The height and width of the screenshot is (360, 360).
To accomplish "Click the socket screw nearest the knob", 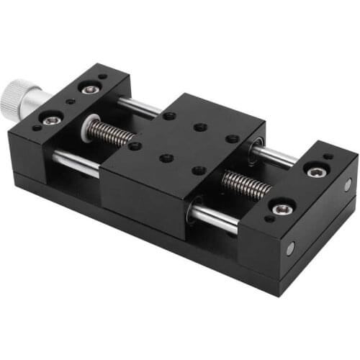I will pos(52,120).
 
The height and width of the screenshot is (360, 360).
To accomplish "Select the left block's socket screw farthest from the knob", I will pos(90,89).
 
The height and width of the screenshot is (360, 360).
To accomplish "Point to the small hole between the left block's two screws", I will pos(70,102).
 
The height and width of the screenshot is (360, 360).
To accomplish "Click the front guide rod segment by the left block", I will pos(76,163).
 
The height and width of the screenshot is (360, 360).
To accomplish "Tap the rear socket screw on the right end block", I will pos(316,171).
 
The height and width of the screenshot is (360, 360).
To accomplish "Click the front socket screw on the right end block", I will pos(282,209).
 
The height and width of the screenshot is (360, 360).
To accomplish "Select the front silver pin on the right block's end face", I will pos(290,248).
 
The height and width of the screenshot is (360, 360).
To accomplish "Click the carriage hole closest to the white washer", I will pos(135,145).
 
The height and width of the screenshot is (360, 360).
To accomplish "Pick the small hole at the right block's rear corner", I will pos(328,156).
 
